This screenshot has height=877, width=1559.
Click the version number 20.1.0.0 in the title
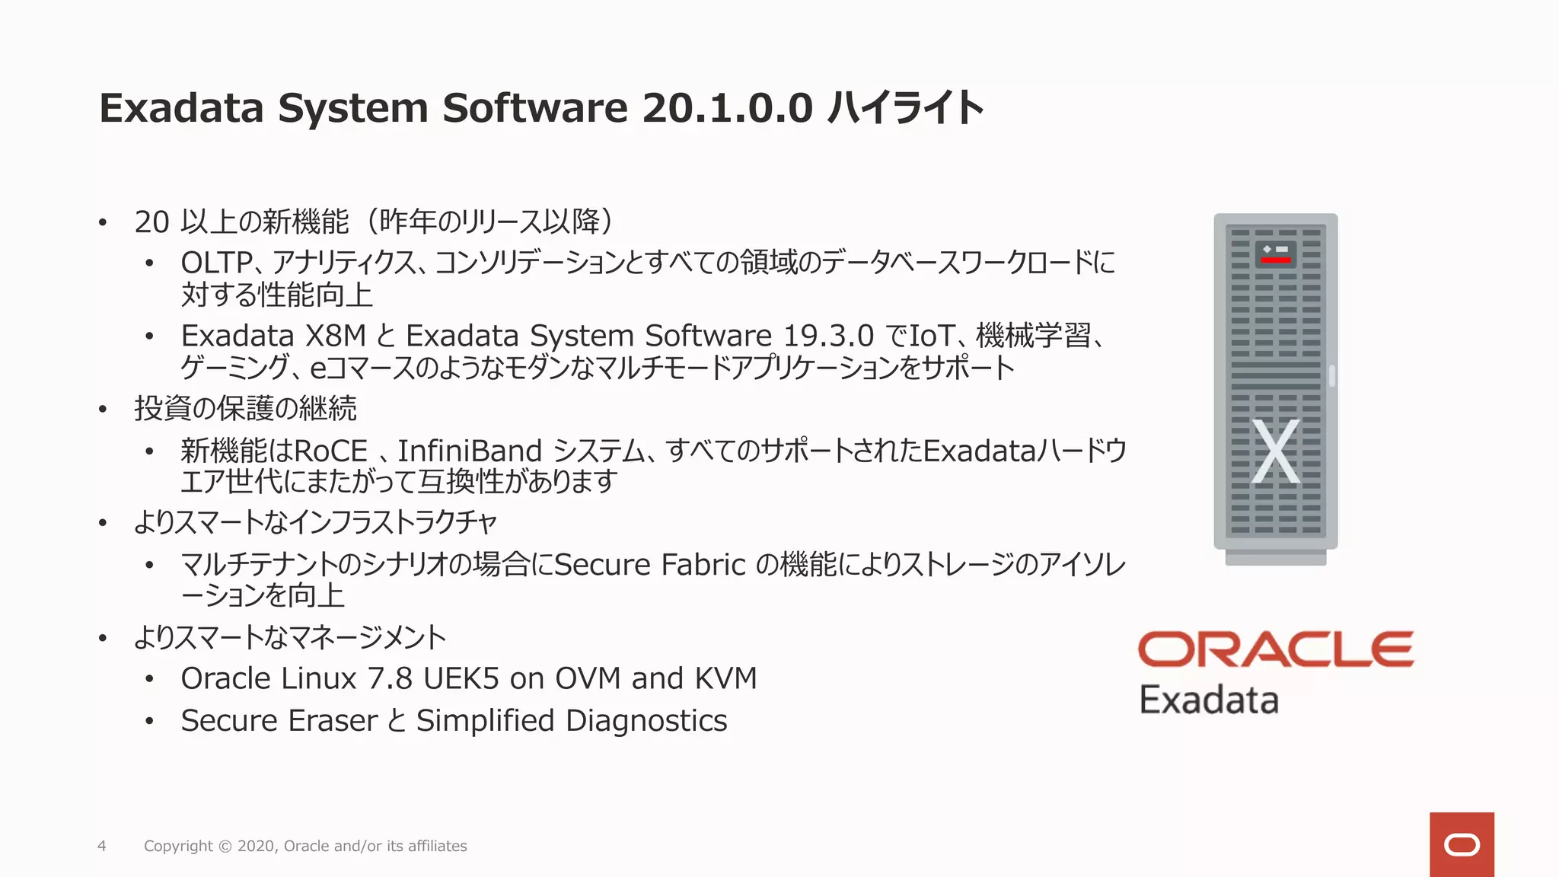click(x=728, y=108)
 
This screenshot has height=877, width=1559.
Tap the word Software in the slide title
click(x=534, y=108)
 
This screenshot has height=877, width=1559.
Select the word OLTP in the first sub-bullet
click(x=216, y=263)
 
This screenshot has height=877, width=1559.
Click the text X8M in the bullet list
click(x=336, y=336)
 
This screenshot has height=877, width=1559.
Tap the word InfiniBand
click(x=470, y=451)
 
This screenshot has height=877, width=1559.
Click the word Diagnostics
click(x=646, y=721)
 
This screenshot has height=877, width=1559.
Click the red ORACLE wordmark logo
click(x=1276, y=649)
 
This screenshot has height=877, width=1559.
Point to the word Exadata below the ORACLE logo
click(x=1209, y=700)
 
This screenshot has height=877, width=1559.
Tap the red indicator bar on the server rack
click(x=1276, y=260)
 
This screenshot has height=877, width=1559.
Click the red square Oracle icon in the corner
click(x=1462, y=844)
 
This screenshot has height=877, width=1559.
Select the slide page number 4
click(x=102, y=846)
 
